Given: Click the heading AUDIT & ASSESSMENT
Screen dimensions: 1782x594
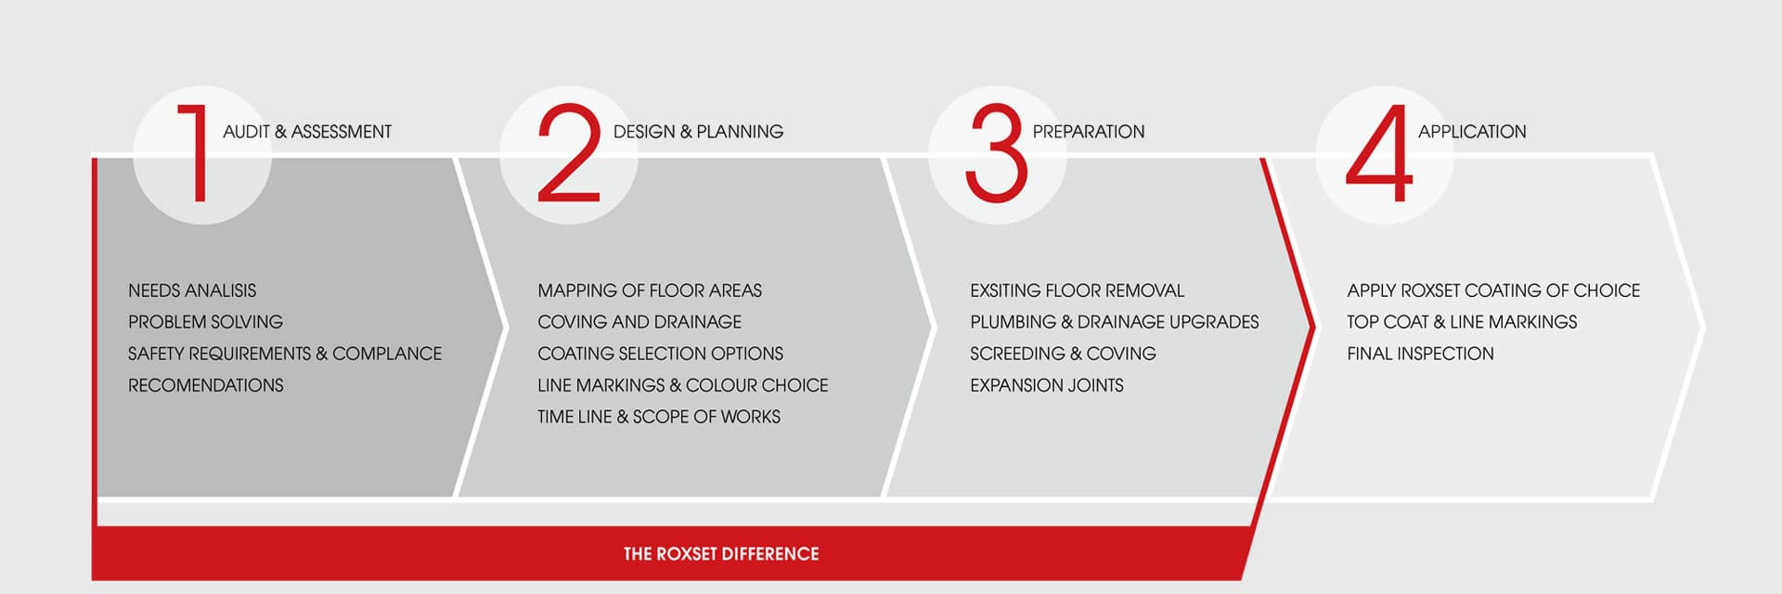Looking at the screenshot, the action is pyautogui.click(x=307, y=132).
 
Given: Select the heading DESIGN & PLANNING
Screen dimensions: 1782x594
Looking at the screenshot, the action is pyautogui.click(x=698, y=132).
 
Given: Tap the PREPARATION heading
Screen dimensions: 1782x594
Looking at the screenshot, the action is pyautogui.click(x=1089, y=132).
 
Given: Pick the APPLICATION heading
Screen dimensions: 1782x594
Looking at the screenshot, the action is pyautogui.click(x=1472, y=132).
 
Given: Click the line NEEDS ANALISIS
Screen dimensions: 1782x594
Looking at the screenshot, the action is pyautogui.click(x=192, y=291).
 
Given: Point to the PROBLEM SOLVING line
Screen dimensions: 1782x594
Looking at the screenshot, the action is pyautogui.click(x=206, y=322).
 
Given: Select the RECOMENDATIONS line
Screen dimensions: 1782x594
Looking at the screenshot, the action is pyautogui.click(x=206, y=385).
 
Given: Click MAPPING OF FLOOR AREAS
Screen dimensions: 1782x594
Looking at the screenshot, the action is pyautogui.click(x=650, y=291).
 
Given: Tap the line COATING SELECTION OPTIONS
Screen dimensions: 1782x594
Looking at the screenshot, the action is pyautogui.click(x=660, y=354).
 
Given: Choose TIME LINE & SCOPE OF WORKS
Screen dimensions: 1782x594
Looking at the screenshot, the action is pyautogui.click(x=659, y=417).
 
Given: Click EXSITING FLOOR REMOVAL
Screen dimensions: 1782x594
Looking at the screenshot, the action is pyautogui.click(x=1078, y=291).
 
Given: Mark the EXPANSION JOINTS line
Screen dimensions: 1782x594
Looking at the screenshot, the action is pyautogui.click(x=1047, y=385).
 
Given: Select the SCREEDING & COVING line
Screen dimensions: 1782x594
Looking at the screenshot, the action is pyautogui.click(x=1063, y=354).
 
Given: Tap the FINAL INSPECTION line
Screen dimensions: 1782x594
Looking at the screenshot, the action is pyautogui.click(x=1420, y=354).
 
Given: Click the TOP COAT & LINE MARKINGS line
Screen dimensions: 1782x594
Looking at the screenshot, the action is pyautogui.click(x=1462, y=322).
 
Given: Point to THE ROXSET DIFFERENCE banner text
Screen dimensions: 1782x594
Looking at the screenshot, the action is pyautogui.click(x=721, y=554).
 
